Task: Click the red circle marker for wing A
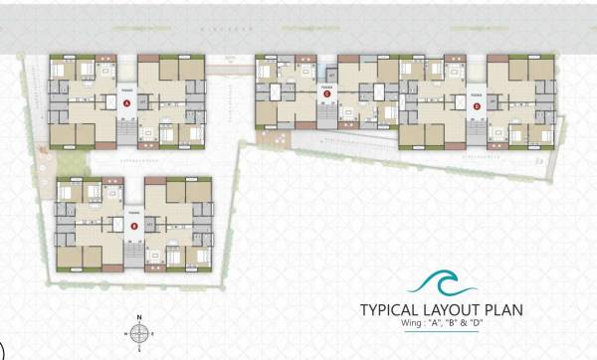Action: pos(127,115)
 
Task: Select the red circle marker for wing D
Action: pos(476,105)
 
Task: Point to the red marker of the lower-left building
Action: pos(134,226)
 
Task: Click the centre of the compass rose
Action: pos(140,333)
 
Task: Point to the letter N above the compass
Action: pos(140,316)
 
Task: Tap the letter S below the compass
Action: pos(140,351)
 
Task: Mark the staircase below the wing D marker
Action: pos(476,123)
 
